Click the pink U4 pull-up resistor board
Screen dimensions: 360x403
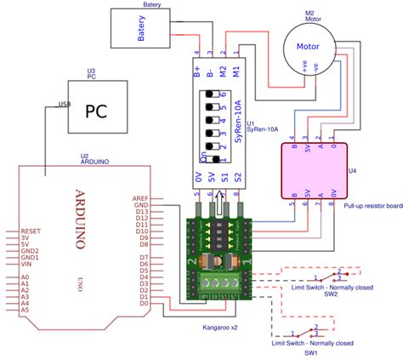[x=315, y=169]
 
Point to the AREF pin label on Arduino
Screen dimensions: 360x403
[x=141, y=197]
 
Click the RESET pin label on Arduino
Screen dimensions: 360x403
[x=31, y=231]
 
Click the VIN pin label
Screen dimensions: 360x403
[x=27, y=263]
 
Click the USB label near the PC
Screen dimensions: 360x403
[x=63, y=104]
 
